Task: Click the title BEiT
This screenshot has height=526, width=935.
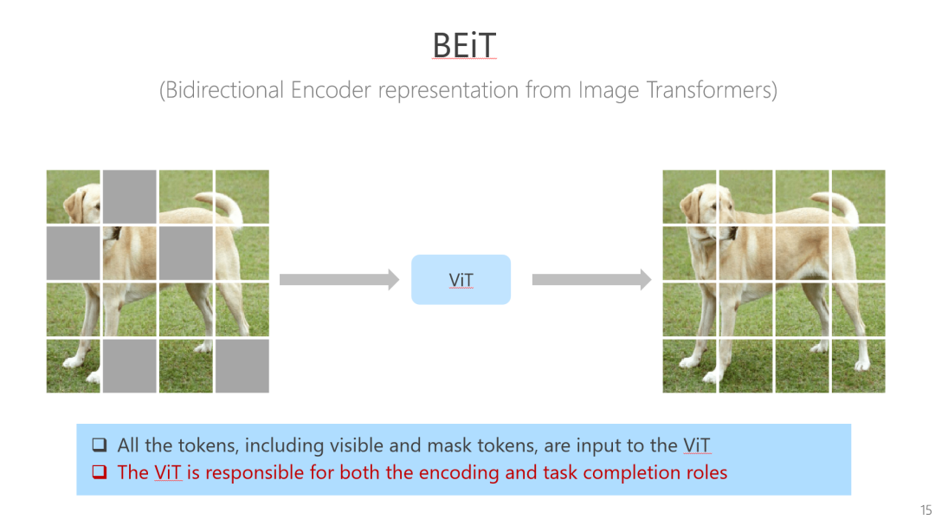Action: pyautogui.click(x=464, y=45)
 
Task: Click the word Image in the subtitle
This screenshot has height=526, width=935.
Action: pyautogui.click(x=609, y=90)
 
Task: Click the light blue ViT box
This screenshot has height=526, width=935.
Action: pyautogui.click(x=461, y=280)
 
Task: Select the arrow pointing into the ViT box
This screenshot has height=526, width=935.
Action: pyautogui.click(x=339, y=280)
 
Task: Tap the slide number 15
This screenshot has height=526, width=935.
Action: pyautogui.click(x=925, y=510)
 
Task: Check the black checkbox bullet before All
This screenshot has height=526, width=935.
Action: pyautogui.click(x=100, y=446)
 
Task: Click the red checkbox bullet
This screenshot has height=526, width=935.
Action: pyautogui.click(x=100, y=473)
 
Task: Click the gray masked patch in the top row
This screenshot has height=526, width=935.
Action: pyautogui.click(x=130, y=197)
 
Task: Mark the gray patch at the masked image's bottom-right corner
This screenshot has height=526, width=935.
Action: pyautogui.click(x=242, y=366)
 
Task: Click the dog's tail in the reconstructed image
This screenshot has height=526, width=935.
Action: pyautogui.click(x=841, y=205)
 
